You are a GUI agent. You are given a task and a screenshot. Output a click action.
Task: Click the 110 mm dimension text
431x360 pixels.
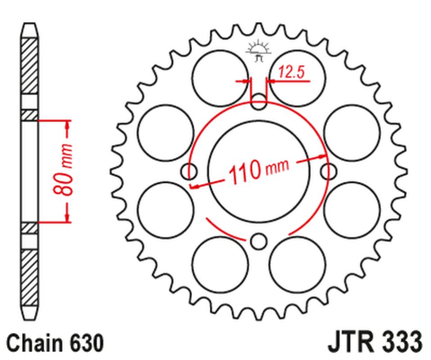261,171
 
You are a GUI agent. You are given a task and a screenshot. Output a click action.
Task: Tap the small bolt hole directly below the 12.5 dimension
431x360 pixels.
259,101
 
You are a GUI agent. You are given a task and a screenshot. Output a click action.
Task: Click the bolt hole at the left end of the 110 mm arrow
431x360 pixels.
189,171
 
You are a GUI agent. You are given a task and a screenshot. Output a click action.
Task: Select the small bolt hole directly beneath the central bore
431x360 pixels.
259,240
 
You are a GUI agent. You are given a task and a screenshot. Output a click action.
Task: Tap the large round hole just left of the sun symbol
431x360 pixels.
217,71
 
